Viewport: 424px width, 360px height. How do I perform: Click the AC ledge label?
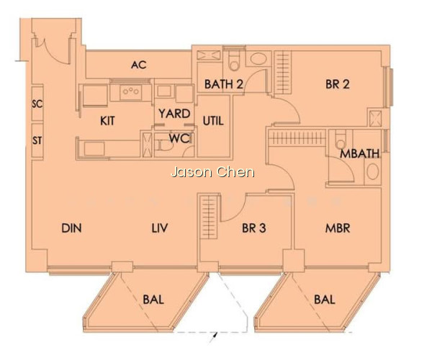[x=139, y=65]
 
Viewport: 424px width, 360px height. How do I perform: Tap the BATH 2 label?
[x=223, y=84]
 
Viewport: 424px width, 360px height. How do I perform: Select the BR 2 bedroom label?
[x=338, y=84]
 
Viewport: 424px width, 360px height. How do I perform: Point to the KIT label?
[x=107, y=121]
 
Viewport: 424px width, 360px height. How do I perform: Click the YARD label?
[x=174, y=114]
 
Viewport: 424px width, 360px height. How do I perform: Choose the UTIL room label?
[x=213, y=121]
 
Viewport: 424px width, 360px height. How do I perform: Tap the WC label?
[x=179, y=138]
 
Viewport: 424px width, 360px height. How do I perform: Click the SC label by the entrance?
[x=37, y=104]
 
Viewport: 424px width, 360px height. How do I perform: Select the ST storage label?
[x=37, y=140]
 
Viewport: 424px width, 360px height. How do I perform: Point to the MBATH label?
[x=360, y=153]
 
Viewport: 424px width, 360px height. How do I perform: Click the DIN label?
[x=72, y=228]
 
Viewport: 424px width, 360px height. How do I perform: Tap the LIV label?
[x=160, y=228]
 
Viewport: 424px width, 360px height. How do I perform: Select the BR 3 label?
[x=254, y=228]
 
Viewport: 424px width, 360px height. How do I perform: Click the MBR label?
[x=338, y=228]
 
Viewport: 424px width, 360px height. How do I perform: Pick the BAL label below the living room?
[x=153, y=300]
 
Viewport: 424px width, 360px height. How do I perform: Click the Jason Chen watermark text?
[x=213, y=172]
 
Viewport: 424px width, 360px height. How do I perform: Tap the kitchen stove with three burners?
[x=131, y=91]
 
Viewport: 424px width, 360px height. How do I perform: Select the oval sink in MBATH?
[x=373, y=171]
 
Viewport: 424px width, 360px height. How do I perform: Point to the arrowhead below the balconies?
[x=215, y=336]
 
